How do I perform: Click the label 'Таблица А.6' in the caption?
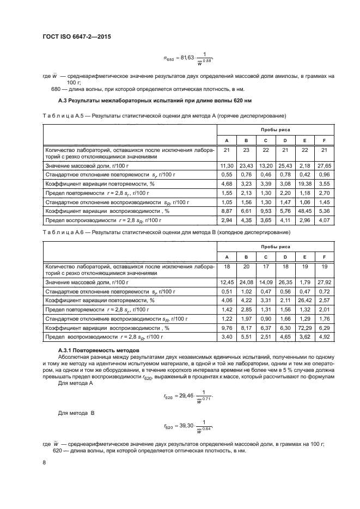(61, 232)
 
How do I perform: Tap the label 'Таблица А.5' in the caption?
(61, 115)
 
